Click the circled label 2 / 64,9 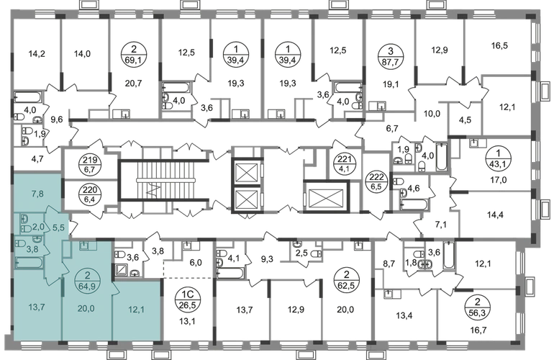[87, 279]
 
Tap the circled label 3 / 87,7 [390, 55]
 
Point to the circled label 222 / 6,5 [376, 180]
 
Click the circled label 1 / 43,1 [498, 160]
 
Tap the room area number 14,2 [37, 54]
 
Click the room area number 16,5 [499, 45]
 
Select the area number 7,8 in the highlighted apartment [37, 193]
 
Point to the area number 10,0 [432, 114]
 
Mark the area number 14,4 [495, 215]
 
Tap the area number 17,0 [498, 180]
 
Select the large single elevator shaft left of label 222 [326, 197]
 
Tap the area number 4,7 [37, 159]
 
